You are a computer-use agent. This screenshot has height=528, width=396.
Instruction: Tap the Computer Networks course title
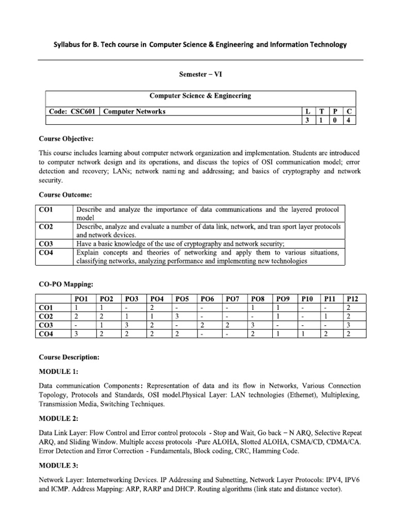pos(135,111)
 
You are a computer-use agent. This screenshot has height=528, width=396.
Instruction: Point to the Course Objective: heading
pos(64,139)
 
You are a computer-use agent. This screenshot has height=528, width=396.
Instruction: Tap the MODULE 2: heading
pos(59,417)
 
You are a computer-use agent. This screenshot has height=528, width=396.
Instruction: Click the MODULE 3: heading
pos(59,466)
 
